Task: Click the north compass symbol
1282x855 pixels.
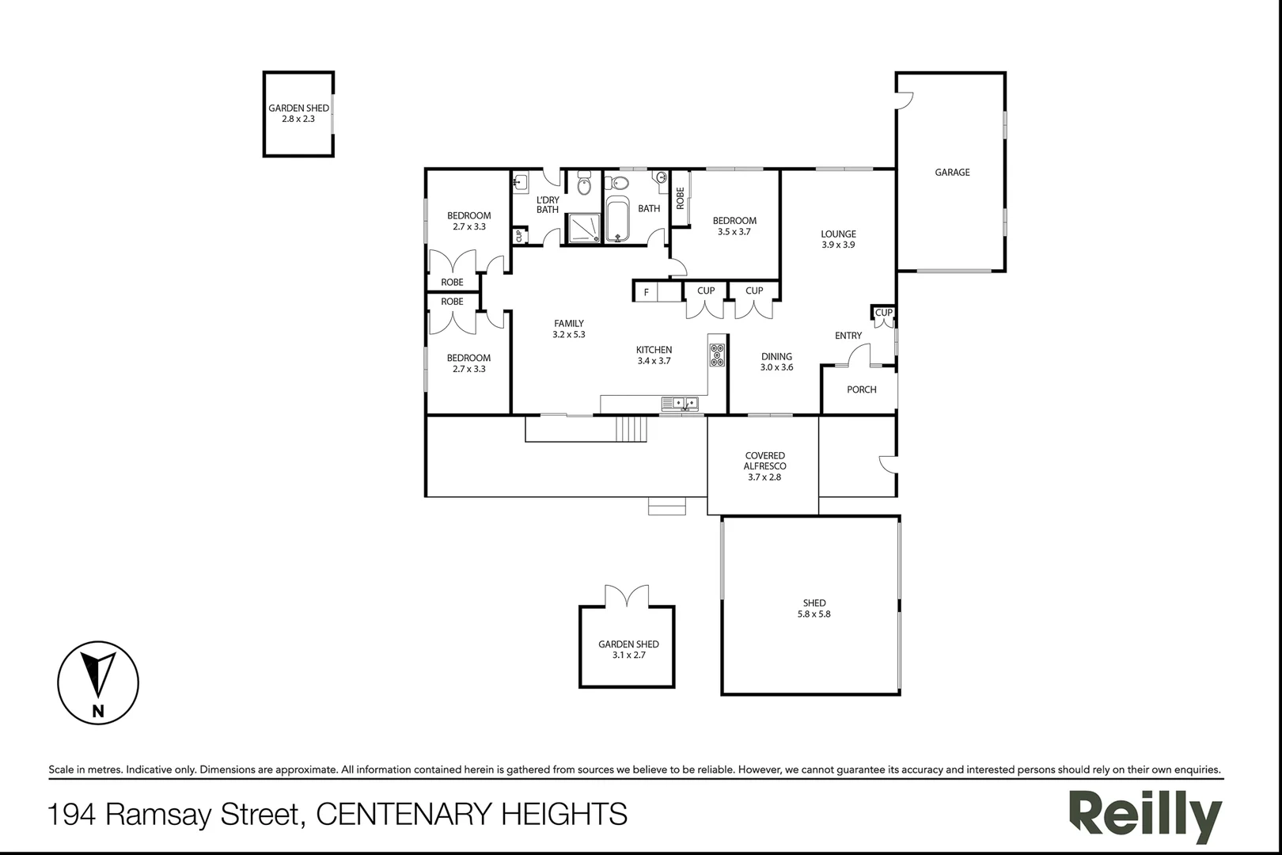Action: [98, 682]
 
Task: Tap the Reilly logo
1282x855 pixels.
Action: [1145, 815]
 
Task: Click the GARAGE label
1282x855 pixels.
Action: [952, 173]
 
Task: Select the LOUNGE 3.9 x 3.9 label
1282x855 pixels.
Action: [838, 239]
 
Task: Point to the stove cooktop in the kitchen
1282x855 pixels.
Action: [718, 354]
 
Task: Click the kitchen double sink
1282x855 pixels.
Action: [680, 404]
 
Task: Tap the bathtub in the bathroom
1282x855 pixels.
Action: [616, 221]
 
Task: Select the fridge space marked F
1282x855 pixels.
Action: [647, 292]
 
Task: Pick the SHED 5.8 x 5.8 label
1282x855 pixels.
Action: [814, 608]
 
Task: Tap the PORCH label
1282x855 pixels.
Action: [861, 389]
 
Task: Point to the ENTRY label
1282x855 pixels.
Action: [848, 336]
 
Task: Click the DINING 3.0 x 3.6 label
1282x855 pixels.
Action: [776, 362]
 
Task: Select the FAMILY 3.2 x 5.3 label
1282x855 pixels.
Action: [569, 329]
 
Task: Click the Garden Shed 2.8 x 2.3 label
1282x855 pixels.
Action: [298, 113]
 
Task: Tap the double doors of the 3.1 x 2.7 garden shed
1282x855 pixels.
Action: [626, 596]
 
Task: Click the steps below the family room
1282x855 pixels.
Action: [632, 429]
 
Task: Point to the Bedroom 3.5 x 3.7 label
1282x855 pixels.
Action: [734, 226]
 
